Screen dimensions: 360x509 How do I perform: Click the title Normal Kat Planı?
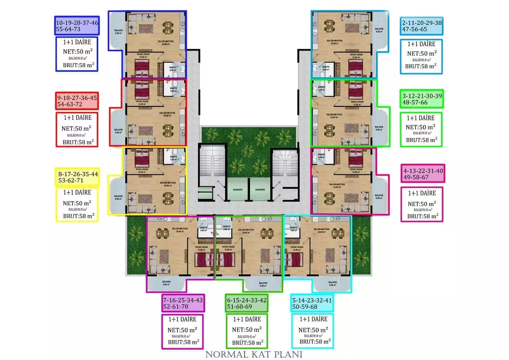(x=254, y=354)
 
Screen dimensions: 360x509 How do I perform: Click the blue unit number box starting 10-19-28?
(x=77, y=26)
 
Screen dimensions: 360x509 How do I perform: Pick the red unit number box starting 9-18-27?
(x=77, y=101)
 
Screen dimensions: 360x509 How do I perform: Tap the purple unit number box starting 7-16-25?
(x=183, y=303)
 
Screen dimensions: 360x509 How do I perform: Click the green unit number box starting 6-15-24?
(x=247, y=303)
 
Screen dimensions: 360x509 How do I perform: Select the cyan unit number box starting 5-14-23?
(x=312, y=303)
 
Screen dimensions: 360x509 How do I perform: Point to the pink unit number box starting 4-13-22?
(x=423, y=174)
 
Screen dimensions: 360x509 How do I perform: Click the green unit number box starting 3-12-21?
(x=422, y=99)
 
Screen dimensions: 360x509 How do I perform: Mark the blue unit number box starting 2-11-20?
(x=421, y=26)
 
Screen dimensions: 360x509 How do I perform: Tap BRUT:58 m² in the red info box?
(x=78, y=141)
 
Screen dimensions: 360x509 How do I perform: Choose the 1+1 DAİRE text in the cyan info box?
(x=314, y=319)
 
